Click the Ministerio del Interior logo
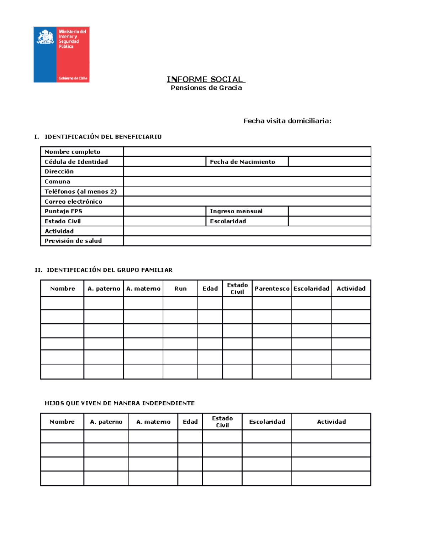pos(62,54)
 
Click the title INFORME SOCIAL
pos(205,79)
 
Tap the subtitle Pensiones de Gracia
pos(206,88)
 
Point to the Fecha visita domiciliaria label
pos(287,121)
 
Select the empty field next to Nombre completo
pos(247,152)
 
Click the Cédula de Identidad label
pos(76,162)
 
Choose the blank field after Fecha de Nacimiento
pos(329,162)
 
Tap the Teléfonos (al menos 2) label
pos(81,192)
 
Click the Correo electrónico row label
pos(73,202)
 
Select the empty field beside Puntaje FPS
pos(164,211)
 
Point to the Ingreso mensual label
pos(236,211)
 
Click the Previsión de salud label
pos(73,241)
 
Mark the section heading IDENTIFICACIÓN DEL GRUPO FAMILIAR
pos(109,270)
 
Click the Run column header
pos(180,288)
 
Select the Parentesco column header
pos(272,288)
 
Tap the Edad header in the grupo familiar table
pos(210,288)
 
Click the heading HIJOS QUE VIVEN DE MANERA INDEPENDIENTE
pos(120,403)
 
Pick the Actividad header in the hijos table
pos(331,422)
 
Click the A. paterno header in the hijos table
pos(106,422)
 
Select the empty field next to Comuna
pos(247,182)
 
